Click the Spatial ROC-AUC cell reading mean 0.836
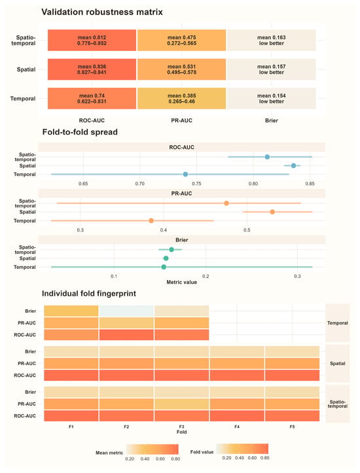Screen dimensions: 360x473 [92, 69]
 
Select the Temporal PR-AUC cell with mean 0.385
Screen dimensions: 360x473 [182, 98]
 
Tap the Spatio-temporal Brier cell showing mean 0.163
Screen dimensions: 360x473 [271, 40]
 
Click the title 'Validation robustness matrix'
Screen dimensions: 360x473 [102, 12]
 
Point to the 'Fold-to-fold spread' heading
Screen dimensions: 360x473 [80, 132]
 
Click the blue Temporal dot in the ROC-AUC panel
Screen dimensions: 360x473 [185, 175]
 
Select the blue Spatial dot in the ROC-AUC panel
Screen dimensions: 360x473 [293, 166]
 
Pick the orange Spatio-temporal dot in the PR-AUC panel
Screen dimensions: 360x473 [226, 203]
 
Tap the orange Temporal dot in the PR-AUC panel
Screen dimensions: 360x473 [151, 221]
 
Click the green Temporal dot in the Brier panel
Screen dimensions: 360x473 [164, 267]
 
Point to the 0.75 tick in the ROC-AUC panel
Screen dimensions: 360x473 [196, 184]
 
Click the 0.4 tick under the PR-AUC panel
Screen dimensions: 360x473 [163, 230]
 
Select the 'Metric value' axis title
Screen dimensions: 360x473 [182, 283]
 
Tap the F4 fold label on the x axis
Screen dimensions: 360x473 [237, 427]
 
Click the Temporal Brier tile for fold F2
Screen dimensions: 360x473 [126, 311]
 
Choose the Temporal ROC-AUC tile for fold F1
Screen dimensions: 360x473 [71, 335]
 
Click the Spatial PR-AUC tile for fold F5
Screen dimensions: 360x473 [292, 364]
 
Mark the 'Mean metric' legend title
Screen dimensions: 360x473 [109, 453]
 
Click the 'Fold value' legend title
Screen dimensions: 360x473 [202, 452]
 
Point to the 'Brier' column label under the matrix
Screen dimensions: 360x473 [271, 120]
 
